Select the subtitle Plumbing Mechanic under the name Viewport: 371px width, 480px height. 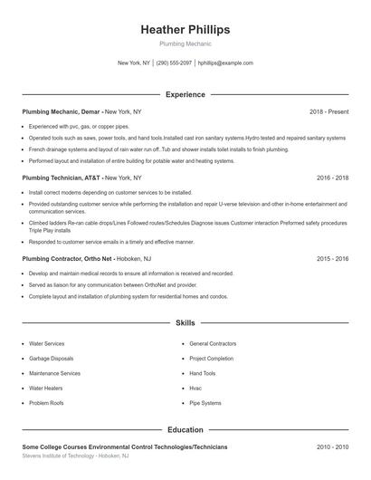click(185, 43)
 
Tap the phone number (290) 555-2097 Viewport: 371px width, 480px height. click(174, 63)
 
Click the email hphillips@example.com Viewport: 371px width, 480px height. click(225, 63)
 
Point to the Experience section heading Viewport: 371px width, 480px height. click(185, 94)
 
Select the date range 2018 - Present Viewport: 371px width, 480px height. click(328, 112)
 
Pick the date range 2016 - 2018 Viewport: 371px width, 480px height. click(332, 178)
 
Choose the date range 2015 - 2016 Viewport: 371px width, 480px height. click(332, 258)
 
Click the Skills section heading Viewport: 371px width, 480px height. click(185, 322)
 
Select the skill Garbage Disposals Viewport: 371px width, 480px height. click(52, 359)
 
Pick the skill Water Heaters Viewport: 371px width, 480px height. click(46, 388)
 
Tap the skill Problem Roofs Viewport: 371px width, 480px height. click(47, 402)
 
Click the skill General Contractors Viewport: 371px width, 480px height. click(214, 344)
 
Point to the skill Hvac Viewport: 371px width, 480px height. click(195, 388)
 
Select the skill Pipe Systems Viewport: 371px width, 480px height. click(205, 402)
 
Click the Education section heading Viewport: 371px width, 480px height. click(185, 429)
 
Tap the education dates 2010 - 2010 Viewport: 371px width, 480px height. click(332, 447)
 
